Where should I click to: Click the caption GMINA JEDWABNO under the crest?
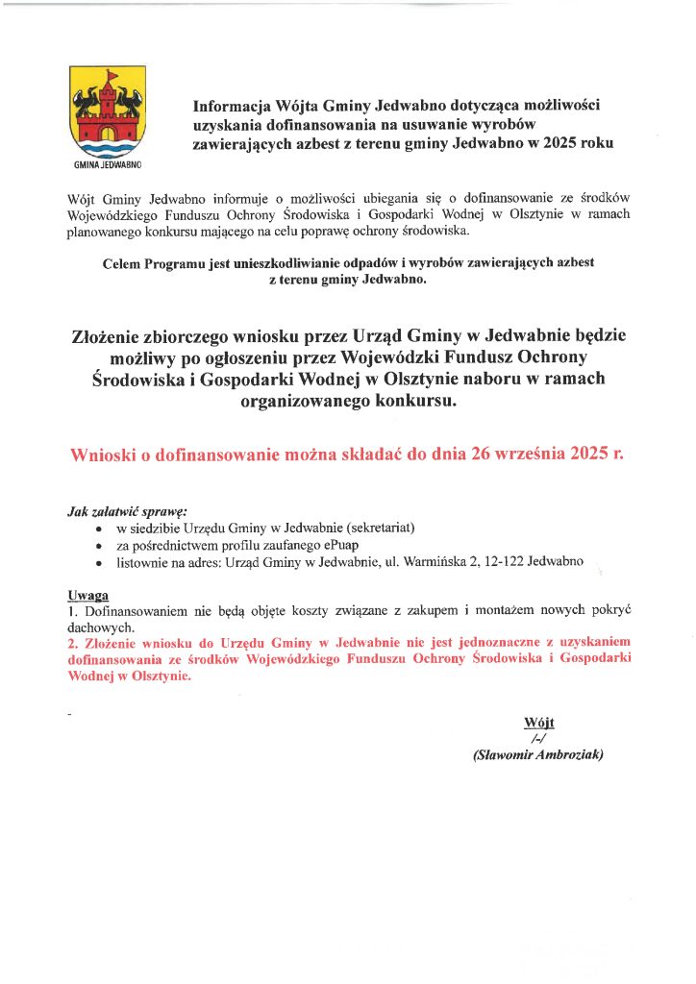pyautogui.click(x=107, y=165)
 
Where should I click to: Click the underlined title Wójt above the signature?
pyautogui.click(x=539, y=723)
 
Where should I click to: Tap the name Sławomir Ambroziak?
pyautogui.click(x=538, y=755)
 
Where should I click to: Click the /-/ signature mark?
pyautogui.click(x=538, y=738)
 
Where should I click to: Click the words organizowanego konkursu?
pyautogui.click(x=347, y=402)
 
